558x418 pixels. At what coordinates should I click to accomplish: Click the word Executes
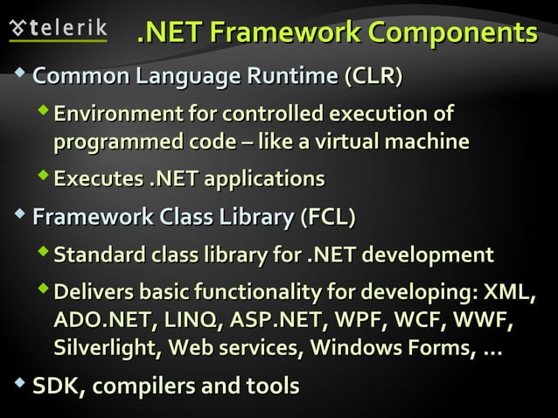click(x=96, y=179)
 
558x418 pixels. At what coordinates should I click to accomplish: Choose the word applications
click(x=264, y=179)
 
